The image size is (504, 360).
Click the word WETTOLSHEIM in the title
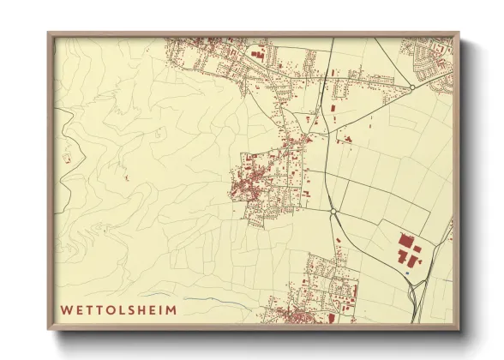pyautogui.click(x=117, y=309)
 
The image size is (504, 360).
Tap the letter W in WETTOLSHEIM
pyautogui.click(x=65, y=309)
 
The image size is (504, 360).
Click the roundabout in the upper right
pyautogui.click(x=412, y=87)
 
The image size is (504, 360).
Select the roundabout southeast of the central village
pyautogui.click(x=333, y=212)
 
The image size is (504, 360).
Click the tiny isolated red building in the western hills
pyautogui.click(x=127, y=178)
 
